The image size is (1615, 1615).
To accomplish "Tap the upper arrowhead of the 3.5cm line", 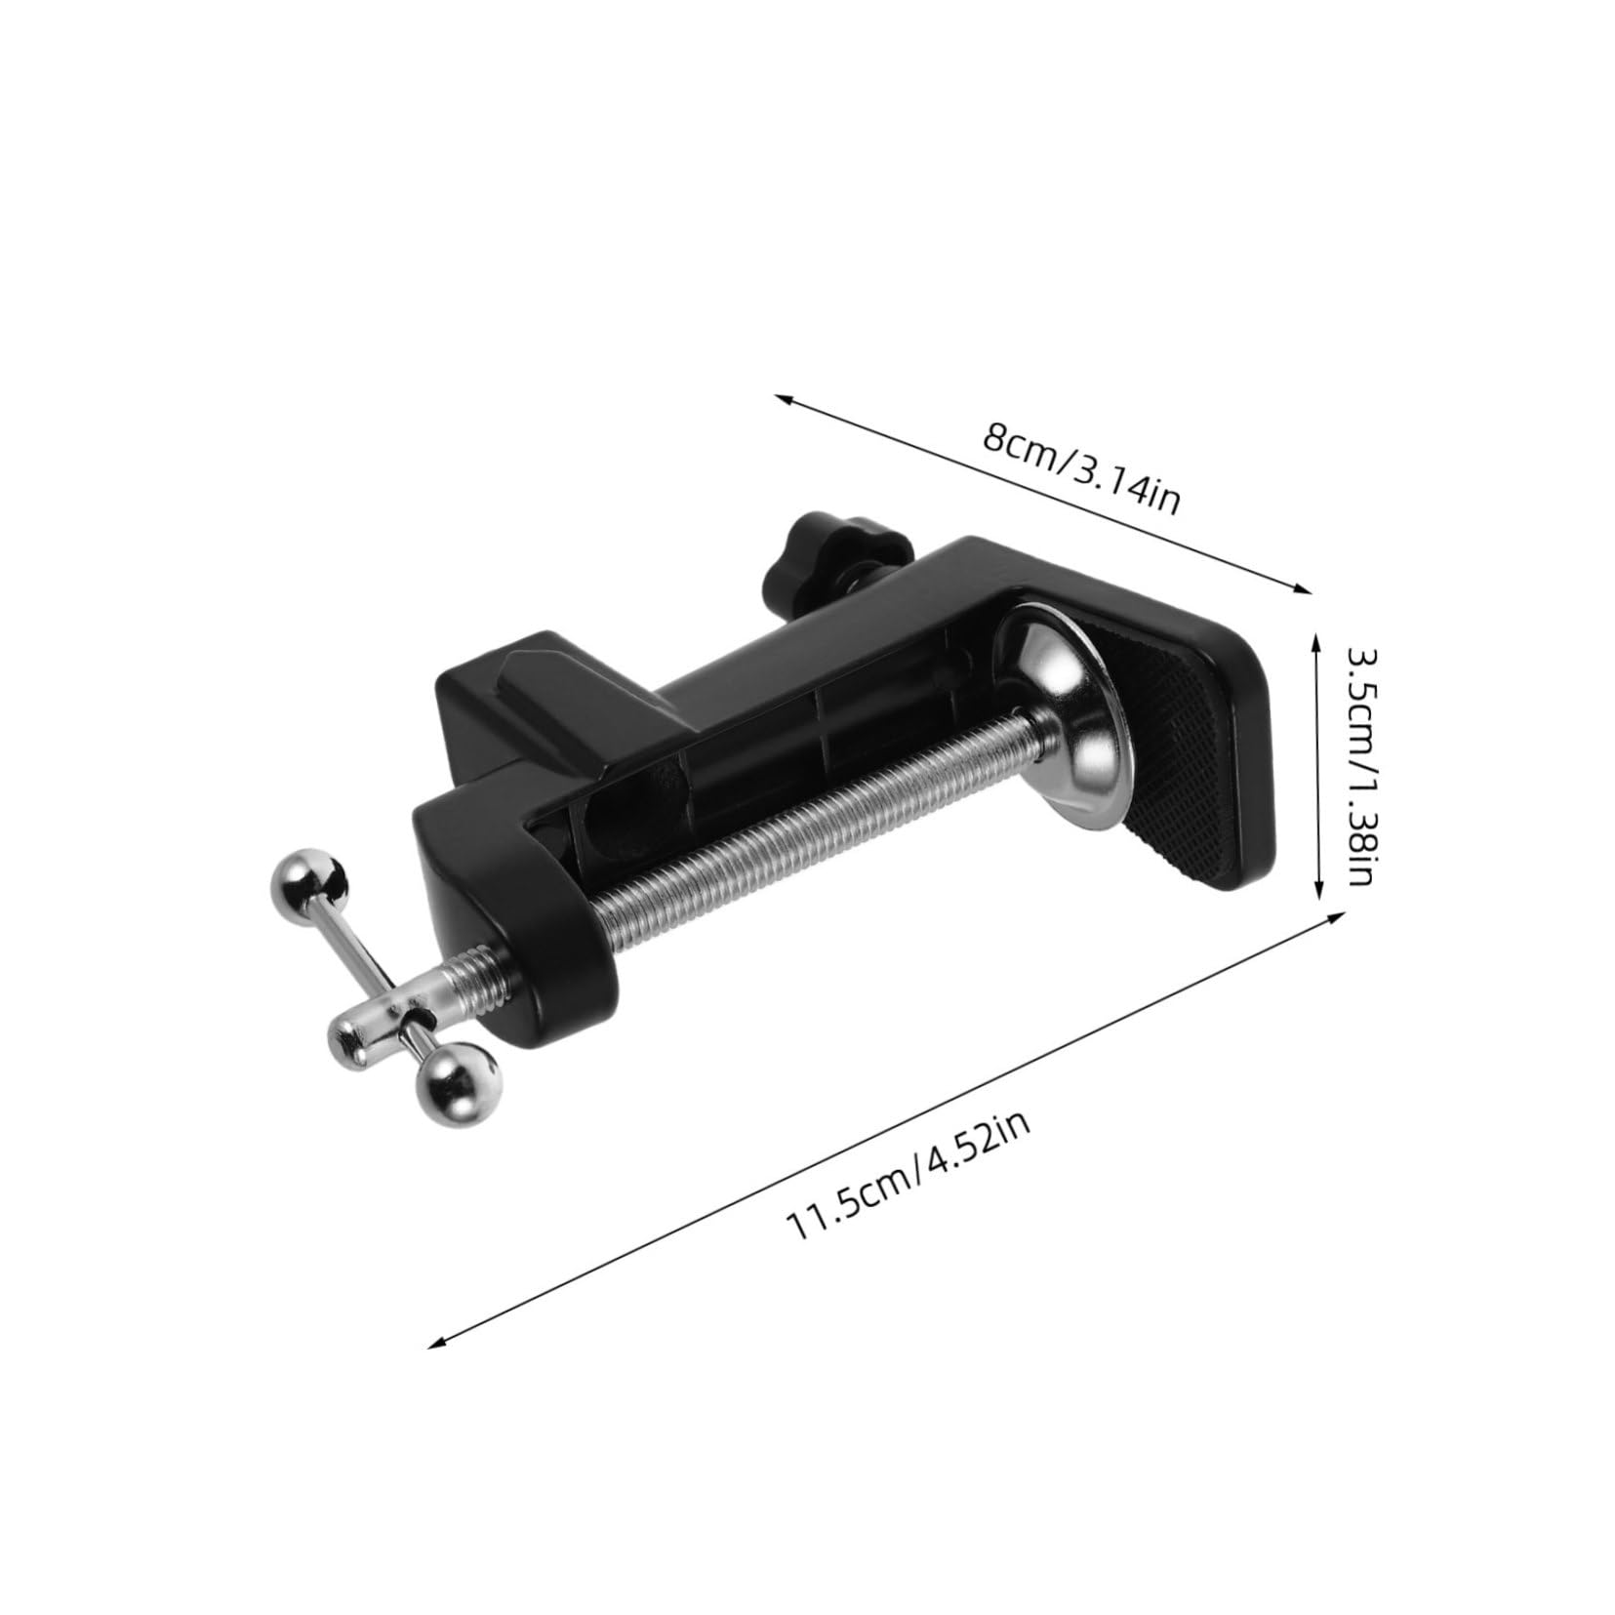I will [1315, 643].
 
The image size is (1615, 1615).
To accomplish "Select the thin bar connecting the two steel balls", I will [381, 976].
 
